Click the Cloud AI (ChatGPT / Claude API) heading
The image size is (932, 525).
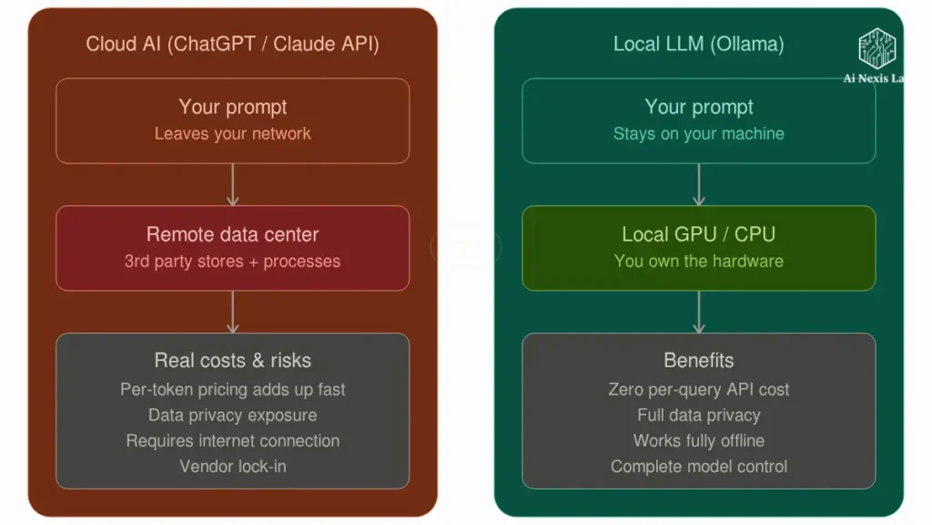[x=232, y=44]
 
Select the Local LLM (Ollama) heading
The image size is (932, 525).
[x=698, y=44]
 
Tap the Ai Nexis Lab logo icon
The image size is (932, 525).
[x=878, y=48]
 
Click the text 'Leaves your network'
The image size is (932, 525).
[x=232, y=134]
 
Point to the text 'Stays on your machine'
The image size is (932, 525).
[x=698, y=134]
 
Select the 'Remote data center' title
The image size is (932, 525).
[x=232, y=234]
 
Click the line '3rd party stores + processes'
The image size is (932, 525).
[x=232, y=262]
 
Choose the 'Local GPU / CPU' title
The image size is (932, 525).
[x=698, y=234]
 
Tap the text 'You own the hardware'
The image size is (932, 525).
[x=698, y=262]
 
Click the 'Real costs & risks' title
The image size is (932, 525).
[x=232, y=360]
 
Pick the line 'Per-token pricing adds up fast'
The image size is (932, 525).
[x=232, y=389]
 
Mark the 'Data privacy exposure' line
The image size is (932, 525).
[x=232, y=415]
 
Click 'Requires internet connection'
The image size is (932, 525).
[x=232, y=440]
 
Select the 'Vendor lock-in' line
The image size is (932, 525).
[x=232, y=467]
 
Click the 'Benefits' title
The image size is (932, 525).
[x=698, y=360]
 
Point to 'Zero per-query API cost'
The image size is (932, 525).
[x=698, y=389]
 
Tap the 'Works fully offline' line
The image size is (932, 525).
[x=698, y=440]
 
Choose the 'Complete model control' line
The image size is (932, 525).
[x=698, y=467]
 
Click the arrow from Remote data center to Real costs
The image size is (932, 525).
[x=232, y=312]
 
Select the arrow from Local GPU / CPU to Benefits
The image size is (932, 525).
[x=698, y=312]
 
